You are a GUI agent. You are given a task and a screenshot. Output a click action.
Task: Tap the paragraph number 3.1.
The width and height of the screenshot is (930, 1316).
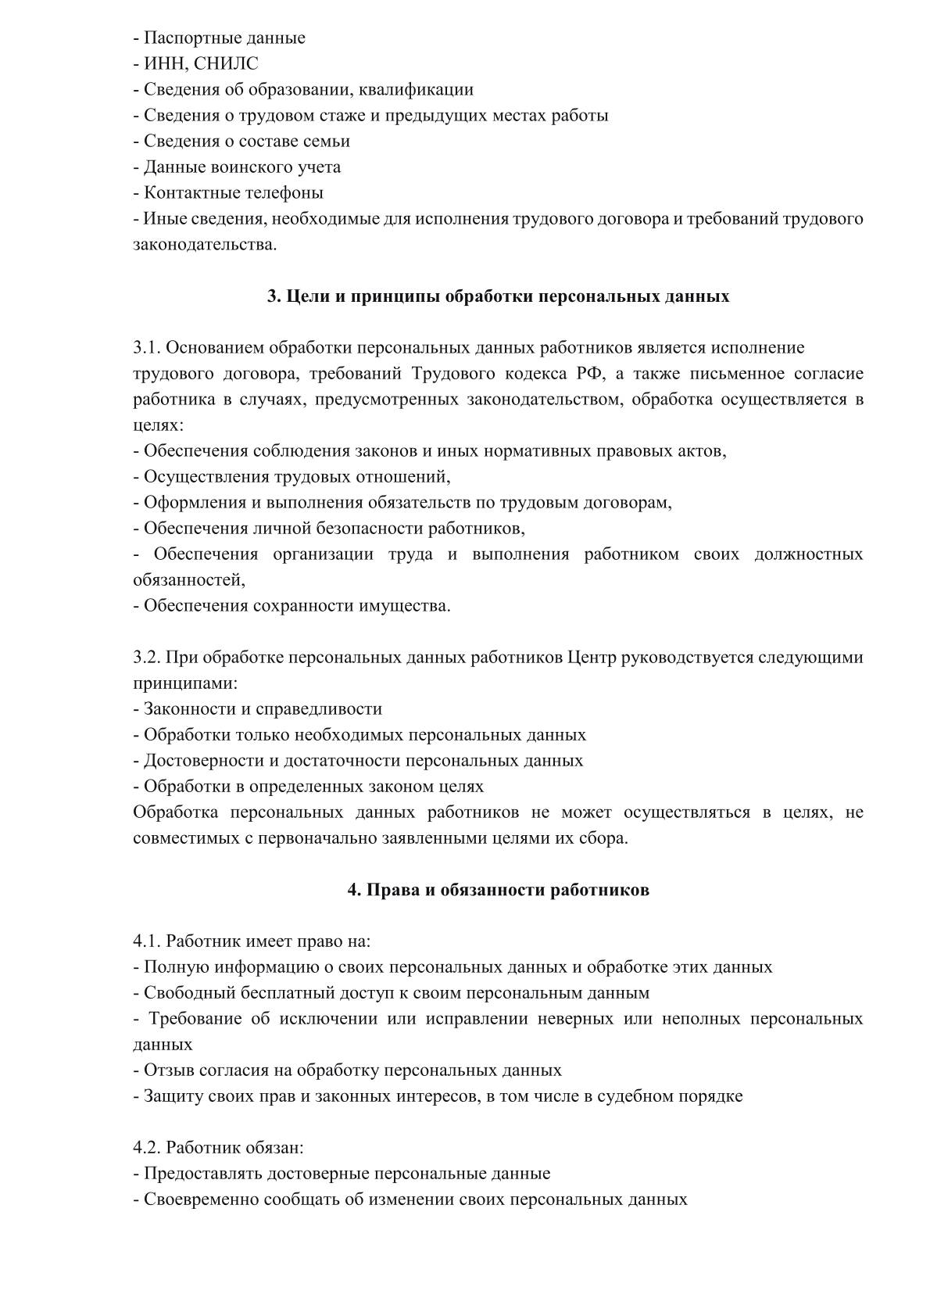tap(146, 347)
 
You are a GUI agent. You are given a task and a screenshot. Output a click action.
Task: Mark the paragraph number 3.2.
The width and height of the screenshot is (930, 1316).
tap(146, 657)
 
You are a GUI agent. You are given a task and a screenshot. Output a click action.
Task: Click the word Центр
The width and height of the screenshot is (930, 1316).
tap(592, 657)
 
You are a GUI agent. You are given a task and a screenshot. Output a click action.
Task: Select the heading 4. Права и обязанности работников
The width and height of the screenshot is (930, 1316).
tap(498, 890)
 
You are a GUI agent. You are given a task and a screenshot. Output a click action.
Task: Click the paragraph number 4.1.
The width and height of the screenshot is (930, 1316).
tap(146, 941)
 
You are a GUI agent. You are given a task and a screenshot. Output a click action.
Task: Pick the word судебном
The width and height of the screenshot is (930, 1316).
tap(634, 1095)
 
